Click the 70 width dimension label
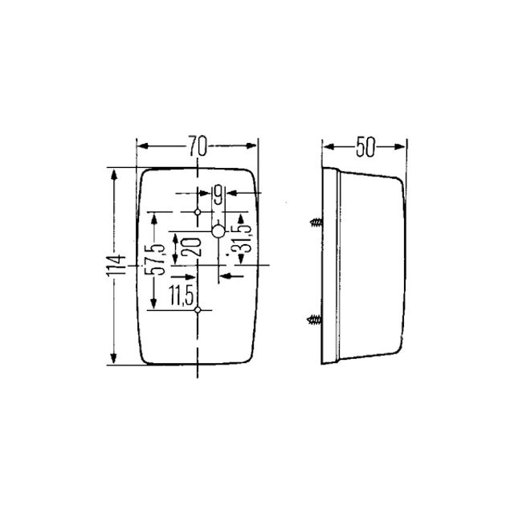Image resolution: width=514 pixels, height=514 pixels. pyautogui.click(x=198, y=145)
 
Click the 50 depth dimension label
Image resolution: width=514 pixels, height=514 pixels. pyautogui.click(x=365, y=147)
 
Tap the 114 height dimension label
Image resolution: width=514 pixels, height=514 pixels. pyautogui.click(x=116, y=265)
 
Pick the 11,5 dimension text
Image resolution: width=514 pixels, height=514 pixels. pyautogui.click(x=182, y=296)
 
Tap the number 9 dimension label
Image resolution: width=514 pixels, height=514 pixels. pyautogui.click(x=218, y=194)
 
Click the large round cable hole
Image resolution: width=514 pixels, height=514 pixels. pyautogui.click(x=218, y=231)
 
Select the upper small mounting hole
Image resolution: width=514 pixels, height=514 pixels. pyautogui.click(x=198, y=212)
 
